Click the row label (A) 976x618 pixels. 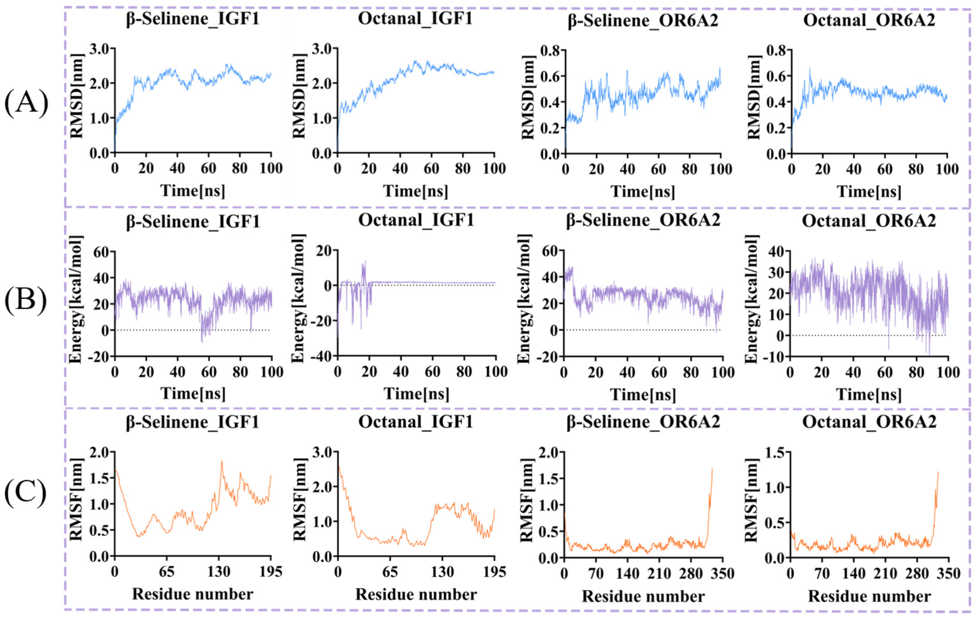click(x=26, y=103)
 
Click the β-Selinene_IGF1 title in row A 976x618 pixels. click(x=193, y=19)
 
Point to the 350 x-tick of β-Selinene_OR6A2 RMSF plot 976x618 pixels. click(x=723, y=574)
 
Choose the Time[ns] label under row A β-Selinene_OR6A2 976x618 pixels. click(x=643, y=191)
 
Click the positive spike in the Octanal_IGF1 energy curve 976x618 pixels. click(x=364, y=262)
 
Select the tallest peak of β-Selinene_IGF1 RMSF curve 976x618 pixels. click(x=222, y=461)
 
